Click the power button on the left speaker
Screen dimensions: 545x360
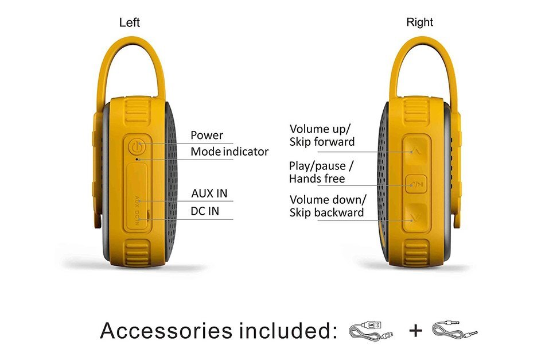pyautogui.click(x=137, y=147)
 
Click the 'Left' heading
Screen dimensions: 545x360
pyautogui.click(x=129, y=22)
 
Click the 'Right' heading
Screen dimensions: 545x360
pyautogui.click(x=419, y=22)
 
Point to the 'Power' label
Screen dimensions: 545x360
pyautogui.click(x=207, y=135)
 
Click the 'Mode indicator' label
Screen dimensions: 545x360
pyautogui.click(x=229, y=152)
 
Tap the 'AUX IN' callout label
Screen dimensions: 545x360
pyautogui.click(x=209, y=193)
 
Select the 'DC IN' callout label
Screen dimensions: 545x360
pyautogui.click(x=205, y=211)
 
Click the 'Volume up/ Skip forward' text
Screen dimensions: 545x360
pyautogui.click(x=322, y=136)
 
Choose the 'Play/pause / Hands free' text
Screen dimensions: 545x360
pyautogui.click(x=321, y=172)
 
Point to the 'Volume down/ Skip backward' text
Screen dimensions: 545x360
pyautogui.click(x=328, y=206)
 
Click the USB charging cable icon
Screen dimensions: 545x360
pyautogui.click(x=371, y=331)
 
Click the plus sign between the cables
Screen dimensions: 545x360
pyautogui.click(x=416, y=330)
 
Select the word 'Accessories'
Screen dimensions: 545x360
pyautogui.click(x=166, y=331)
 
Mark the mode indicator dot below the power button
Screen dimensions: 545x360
pyautogui.click(x=137, y=160)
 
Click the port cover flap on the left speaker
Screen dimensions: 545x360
pyautogui.click(x=137, y=197)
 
